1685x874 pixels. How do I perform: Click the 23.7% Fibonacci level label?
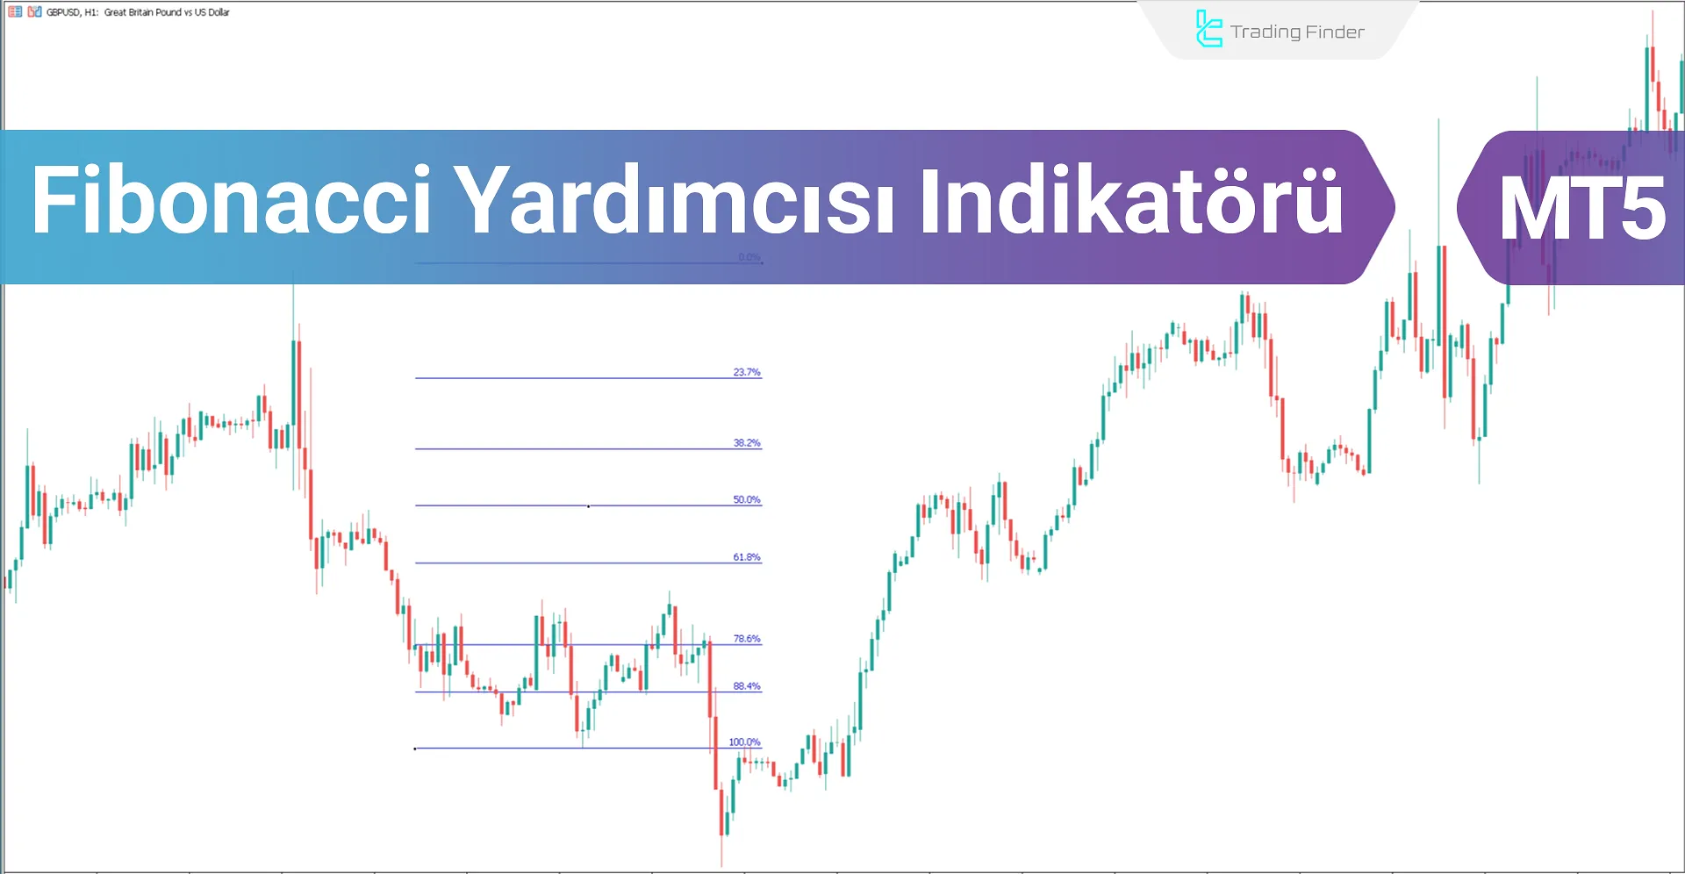[747, 372]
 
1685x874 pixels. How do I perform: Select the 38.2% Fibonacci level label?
[747, 443]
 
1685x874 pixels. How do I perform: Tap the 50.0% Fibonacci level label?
[747, 500]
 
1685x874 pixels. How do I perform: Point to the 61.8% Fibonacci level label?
[747, 557]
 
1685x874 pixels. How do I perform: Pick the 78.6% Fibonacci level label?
[747, 639]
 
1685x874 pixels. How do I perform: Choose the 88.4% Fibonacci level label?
[747, 686]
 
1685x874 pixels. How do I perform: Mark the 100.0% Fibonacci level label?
[744, 742]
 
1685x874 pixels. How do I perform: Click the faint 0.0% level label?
[749, 257]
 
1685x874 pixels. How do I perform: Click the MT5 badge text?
[1581, 209]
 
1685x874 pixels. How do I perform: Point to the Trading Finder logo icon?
[1208, 30]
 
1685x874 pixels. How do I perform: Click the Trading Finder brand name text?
[1297, 32]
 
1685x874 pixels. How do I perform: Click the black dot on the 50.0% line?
[588, 506]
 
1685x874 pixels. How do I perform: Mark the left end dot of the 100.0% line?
[415, 749]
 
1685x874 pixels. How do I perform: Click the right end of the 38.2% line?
[760, 449]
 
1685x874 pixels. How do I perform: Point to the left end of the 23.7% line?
[417, 378]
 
